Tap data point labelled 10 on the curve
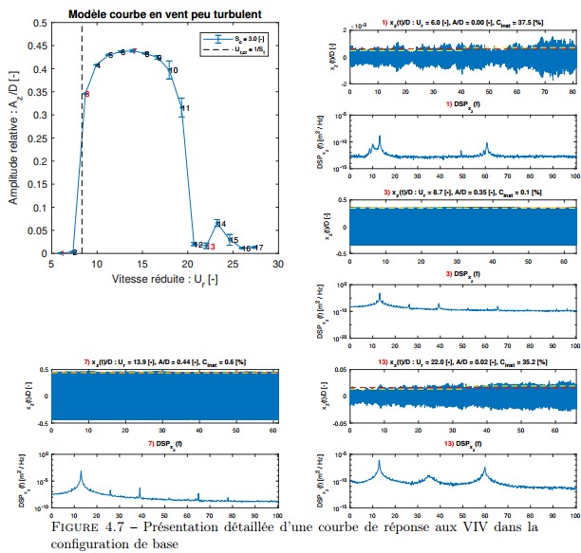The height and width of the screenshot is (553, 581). pyautogui.click(x=170, y=70)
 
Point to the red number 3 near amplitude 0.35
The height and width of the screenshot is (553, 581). pyautogui.click(x=86, y=94)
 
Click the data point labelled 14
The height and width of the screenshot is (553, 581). pyautogui.click(x=218, y=224)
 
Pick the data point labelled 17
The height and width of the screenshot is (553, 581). pyautogui.click(x=256, y=248)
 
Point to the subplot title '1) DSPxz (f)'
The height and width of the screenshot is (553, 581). pyautogui.click(x=463, y=102)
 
